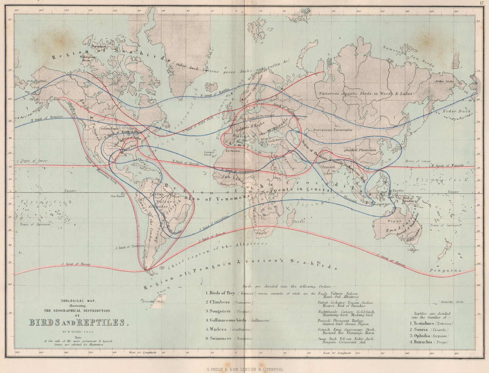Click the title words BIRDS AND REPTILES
[77, 323]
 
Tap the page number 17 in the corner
[482, 3]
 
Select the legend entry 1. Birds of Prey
[222, 293]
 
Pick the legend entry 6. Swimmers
[220, 338]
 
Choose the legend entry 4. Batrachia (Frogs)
[429, 342]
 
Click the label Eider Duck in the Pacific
[457, 111]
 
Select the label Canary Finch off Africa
[208, 153]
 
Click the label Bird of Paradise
[408, 200]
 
